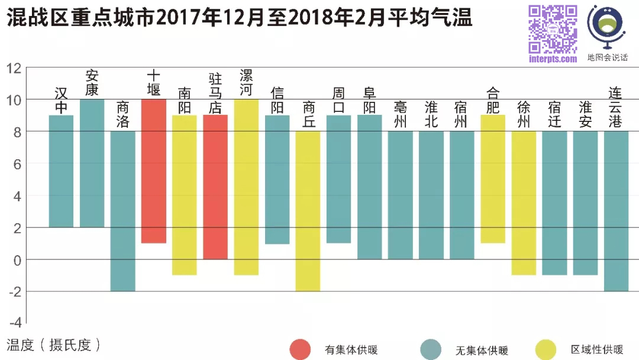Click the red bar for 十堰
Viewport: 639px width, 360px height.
coord(153,171)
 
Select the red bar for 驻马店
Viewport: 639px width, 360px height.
coord(215,187)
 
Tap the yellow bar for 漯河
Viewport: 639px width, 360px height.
coord(246,187)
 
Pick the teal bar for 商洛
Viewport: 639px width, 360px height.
coord(123,211)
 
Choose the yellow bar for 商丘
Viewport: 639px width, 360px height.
coord(308,211)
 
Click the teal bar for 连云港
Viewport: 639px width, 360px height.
coord(616,211)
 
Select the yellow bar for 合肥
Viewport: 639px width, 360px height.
coord(493,179)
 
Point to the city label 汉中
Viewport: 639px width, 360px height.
coord(61,99)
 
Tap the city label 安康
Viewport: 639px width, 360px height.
coord(92,83)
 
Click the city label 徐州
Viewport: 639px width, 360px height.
coord(524,115)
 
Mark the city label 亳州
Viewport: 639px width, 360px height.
coord(401,115)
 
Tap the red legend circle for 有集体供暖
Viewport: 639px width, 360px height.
coord(300,350)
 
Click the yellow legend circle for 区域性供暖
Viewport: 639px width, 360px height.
coord(546,350)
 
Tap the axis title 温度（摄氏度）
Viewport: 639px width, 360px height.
coord(54,345)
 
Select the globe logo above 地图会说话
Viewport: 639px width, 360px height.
coord(606,27)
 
